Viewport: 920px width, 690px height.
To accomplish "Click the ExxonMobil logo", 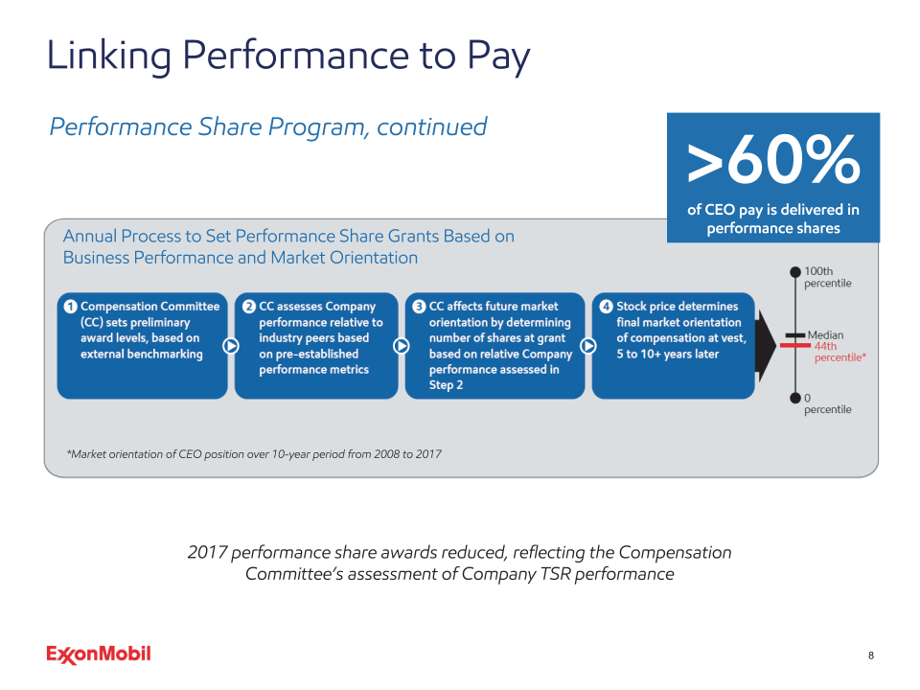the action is (x=99, y=655).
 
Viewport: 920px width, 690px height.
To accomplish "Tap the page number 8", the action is (x=871, y=655).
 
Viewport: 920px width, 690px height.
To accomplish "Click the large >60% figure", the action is (x=773, y=159).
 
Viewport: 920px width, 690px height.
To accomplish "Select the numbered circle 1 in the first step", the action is (x=70, y=307).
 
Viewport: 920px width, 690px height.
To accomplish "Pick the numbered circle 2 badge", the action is (x=249, y=307).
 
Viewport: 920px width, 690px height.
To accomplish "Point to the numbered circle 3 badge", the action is (x=419, y=307).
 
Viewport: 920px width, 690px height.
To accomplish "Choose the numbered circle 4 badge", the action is (x=606, y=307).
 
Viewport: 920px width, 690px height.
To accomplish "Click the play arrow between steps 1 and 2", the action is (x=231, y=346).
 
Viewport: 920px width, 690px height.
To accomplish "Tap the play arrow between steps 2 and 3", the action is (x=402, y=346).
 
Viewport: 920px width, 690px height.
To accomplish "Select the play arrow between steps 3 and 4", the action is (x=588, y=346).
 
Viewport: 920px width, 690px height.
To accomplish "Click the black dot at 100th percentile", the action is (x=795, y=271).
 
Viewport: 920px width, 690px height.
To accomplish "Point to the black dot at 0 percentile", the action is (x=795, y=399).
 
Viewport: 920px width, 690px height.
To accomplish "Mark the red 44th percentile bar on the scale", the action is (x=795, y=346).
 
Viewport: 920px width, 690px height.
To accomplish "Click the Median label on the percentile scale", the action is (x=825, y=335).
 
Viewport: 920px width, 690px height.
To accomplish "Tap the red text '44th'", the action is (x=825, y=346).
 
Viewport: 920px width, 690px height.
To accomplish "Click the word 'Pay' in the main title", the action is (x=498, y=57).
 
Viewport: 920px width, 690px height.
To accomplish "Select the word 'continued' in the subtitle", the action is (x=432, y=126).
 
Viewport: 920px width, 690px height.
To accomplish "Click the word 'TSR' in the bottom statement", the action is (x=556, y=574).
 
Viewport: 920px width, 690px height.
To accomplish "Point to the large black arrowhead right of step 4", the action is (x=767, y=346).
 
